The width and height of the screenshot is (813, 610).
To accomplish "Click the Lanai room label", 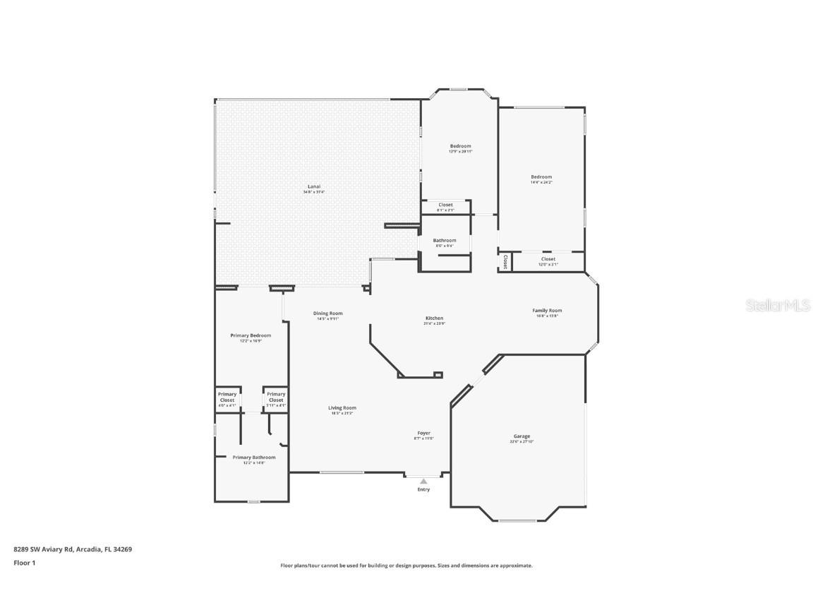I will pos(314,187).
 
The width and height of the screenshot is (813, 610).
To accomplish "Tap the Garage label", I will pos(522,436).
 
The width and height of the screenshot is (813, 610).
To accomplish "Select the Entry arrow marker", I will pos(423,482).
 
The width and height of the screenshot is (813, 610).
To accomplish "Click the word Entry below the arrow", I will pos(423,489).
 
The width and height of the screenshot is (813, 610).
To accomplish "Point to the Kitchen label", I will pos(434,318).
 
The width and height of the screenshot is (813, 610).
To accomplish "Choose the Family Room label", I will pos(547,311).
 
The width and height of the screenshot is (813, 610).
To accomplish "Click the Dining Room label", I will pos(327,313).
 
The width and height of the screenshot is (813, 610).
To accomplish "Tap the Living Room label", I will pos(342,408).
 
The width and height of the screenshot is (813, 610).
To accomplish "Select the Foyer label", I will pos(423,433).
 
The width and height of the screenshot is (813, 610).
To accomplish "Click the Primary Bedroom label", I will pos(251,336).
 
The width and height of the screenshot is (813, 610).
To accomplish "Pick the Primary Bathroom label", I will pos(254,457).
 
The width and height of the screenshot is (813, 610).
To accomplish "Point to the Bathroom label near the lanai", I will pos(445,241).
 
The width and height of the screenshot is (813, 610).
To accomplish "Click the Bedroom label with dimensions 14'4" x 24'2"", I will pos(541,177).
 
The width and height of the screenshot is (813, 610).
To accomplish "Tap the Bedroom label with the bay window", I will pos(460,146).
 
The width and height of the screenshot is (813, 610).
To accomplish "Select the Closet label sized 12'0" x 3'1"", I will pos(548,259).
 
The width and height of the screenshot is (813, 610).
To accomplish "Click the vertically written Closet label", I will pos(505,262).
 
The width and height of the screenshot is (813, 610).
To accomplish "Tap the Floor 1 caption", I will pos(24,563).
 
